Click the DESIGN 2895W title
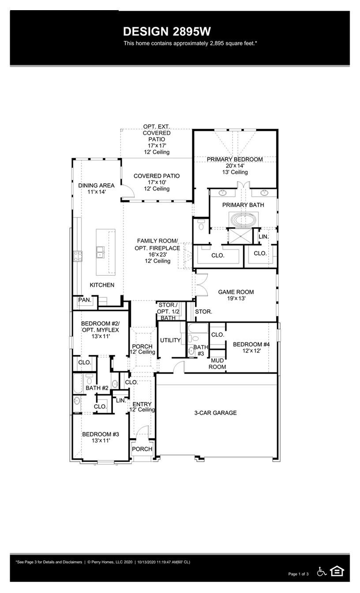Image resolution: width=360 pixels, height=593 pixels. pyautogui.click(x=167, y=31)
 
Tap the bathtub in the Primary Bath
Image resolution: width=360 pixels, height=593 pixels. pyautogui.click(x=241, y=219)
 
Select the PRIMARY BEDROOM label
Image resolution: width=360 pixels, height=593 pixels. pyautogui.click(x=235, y=159)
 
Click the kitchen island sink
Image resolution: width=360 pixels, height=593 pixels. pyautogui.click(x=101, y=252)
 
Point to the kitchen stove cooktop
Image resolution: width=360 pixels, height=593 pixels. pyautogui.click(x=78, y=256)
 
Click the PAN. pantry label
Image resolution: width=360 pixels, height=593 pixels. pyautogui.click(x=85, y=300)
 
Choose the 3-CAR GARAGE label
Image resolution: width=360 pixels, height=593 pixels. pyautogui.click(x=215, y=413)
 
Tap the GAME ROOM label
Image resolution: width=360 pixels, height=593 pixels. pyautogui.click(x=236, y=292)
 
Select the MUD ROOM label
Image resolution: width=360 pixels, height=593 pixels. pyautogui.click(x=217, y=363)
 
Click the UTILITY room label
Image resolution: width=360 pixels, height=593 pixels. pyautogui.click(x=170, y=340)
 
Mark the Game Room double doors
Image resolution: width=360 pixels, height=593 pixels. pyautogui.click(x=201, y=285)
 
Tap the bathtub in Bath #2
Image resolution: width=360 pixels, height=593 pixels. pyautogui.click(x=78, y=383)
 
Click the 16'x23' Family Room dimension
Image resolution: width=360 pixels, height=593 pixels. pyautogui.click(x=157, y=255)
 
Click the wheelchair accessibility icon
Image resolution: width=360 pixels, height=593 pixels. pyautogui.click(x=322, y=571)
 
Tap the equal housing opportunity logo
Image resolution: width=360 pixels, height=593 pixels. pyautogui.click(x=337, y=571)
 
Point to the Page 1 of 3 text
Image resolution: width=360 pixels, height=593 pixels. pyautogui.click(x=298, y=574)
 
